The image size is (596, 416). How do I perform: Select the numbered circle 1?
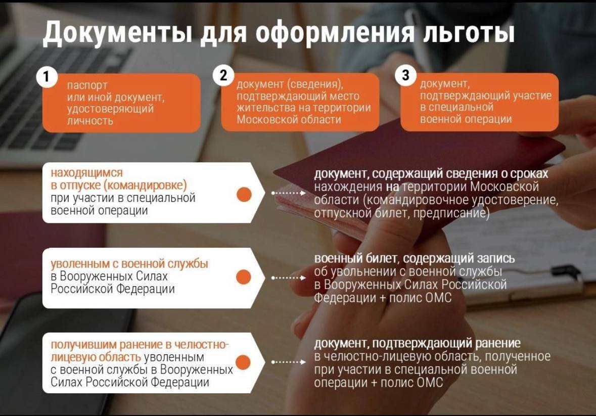(x=47, y=77)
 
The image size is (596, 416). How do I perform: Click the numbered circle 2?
(x=223, y=75)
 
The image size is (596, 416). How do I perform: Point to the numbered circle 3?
(x=405, y=75)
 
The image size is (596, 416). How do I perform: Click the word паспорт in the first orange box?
(x=87, y=85)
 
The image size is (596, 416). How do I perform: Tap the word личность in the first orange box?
(x=90, y=121)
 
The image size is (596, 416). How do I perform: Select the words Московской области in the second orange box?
(x=289, y=120)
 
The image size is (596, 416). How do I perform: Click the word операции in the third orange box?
(x=489, y=119)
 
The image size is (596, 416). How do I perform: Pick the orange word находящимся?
(x=86, y=173)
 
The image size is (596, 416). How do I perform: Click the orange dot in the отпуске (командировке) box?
(x=244, y=194)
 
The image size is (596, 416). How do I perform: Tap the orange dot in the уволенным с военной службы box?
(x=244, y=277)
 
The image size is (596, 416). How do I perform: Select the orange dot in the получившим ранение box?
(x=243, y=362)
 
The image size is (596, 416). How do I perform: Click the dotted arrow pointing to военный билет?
(x=289, y=278)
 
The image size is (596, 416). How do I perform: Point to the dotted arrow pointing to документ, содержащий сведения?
(x=289, y=193)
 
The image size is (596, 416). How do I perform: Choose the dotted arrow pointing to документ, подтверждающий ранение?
(x=289, y=362)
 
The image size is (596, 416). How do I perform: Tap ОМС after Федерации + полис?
(x=438, y=298)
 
